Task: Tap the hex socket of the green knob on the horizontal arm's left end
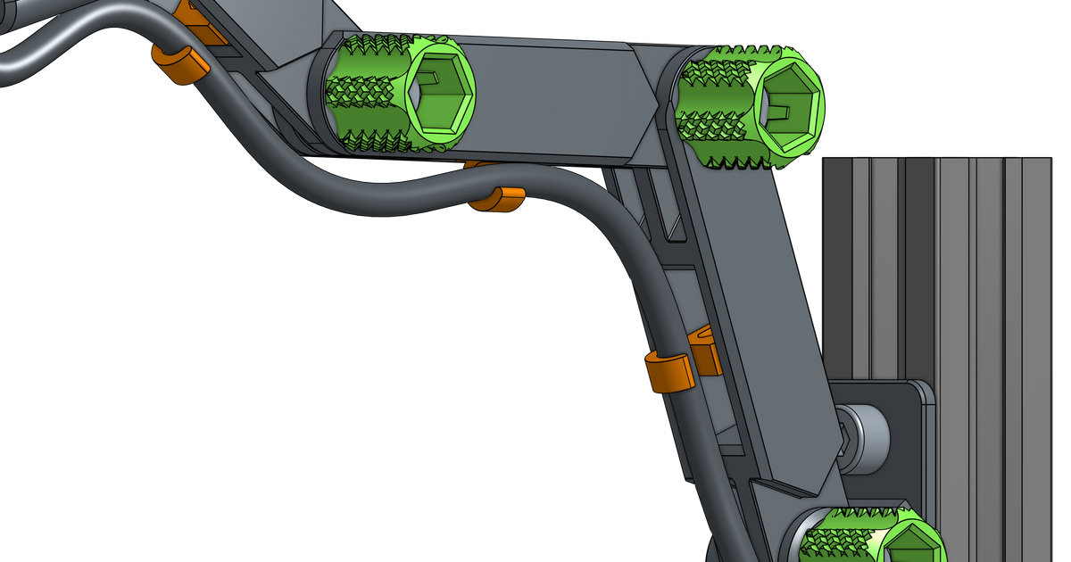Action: point(437,91)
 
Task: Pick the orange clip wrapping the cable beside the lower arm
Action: point(668,371)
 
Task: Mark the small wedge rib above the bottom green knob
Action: point(785,487)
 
